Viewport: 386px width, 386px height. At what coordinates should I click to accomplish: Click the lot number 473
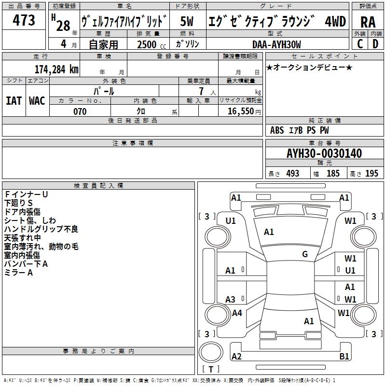tap(24, 21)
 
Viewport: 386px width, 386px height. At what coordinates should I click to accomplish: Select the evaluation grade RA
tap(368, 22)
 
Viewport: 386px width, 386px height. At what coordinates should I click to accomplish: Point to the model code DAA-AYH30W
tap(276, 44)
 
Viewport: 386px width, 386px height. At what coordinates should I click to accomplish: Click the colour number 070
tap(80, 111)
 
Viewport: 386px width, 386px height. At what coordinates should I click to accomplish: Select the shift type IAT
tap(14, 101)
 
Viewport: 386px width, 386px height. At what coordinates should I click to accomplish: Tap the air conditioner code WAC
tap(37, 101)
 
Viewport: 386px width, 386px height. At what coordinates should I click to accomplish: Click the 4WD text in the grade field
tap(335, 22)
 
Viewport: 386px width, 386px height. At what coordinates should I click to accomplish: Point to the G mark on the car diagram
tap(305, 254)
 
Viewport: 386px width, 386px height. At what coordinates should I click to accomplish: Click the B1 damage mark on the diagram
tap(344, 357)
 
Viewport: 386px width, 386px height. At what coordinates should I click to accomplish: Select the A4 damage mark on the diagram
tap(237, 313)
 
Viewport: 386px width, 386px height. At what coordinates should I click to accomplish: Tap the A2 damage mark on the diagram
tap(236, 357)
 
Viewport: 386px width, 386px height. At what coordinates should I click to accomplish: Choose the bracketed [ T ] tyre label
tap(210, 370)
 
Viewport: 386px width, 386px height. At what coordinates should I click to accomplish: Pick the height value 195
tap(372, 174)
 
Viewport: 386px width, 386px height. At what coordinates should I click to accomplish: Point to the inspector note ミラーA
tap(18, 273)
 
